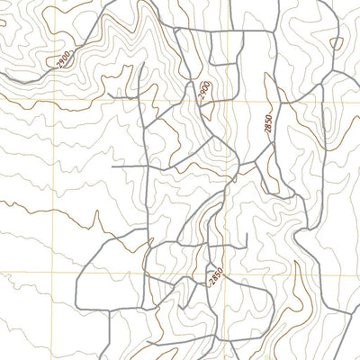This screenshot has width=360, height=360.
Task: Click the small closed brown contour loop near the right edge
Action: [x=337, y=42]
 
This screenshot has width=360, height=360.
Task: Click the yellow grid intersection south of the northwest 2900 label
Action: [x=54, y=102]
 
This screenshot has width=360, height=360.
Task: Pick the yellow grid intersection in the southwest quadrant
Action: [x=54, y=274]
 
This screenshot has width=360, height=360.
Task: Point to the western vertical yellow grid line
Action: [x=54, y=180]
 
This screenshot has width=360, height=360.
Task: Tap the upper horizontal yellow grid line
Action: [x=135, y=102]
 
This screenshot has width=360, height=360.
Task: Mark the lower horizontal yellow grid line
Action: [x=135, y=274]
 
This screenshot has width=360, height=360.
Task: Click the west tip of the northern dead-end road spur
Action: [x=106, y=93]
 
